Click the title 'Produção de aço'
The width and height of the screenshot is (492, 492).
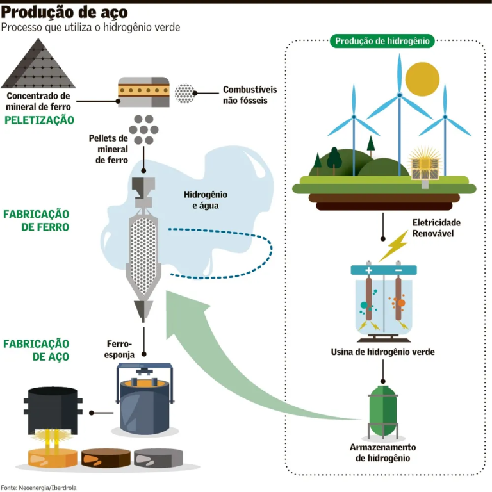pos(64,12)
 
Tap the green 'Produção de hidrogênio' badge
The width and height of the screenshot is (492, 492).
pos(382,41)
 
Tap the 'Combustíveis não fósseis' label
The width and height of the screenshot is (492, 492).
pos(245,95)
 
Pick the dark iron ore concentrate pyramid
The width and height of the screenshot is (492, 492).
pos(38,64)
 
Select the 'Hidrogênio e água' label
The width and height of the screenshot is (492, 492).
pos(206,200)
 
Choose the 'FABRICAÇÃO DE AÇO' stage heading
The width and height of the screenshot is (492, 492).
pos(36,350)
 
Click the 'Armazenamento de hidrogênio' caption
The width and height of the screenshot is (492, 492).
pos(382,452)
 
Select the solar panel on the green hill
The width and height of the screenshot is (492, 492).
pos(423,166)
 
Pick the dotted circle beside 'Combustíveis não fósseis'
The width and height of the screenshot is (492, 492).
pos(186,94)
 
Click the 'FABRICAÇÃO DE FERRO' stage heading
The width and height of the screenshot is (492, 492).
pos(36,220)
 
